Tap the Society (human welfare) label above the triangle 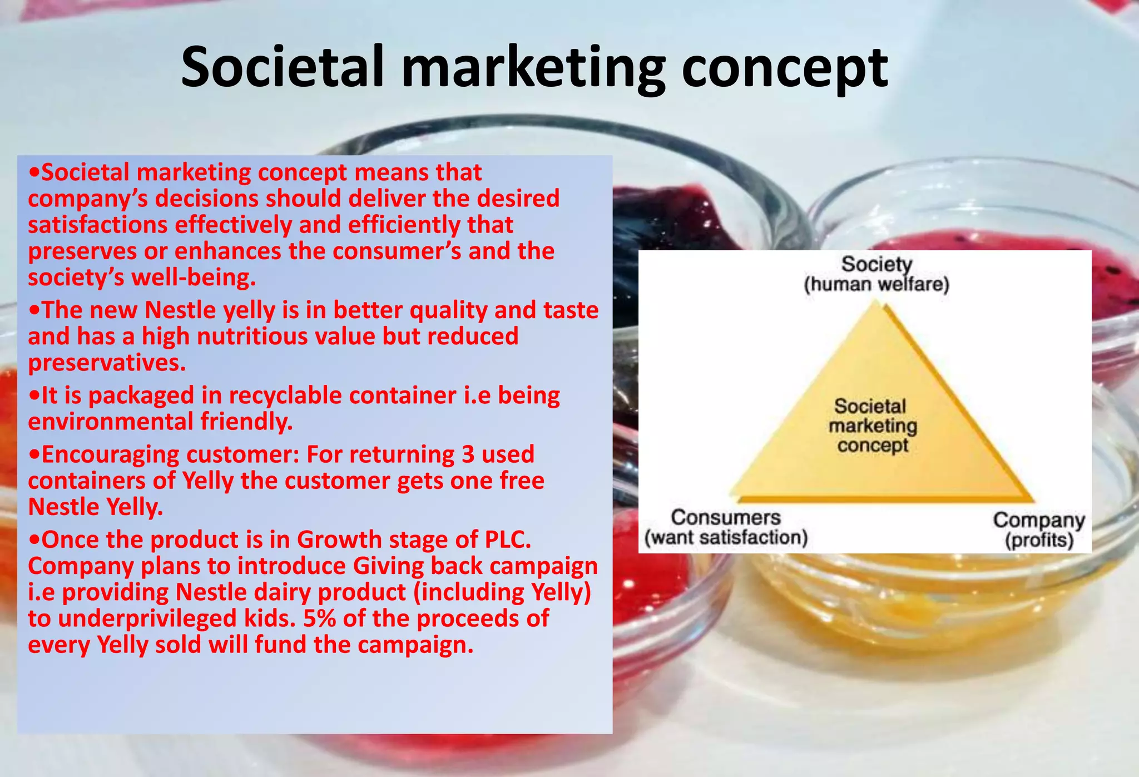(876, 274)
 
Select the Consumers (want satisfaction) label (726, 527)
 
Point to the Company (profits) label (1039, 530)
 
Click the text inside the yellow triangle (872, 425)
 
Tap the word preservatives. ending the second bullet (107, 363)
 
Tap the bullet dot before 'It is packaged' (34, 395)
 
